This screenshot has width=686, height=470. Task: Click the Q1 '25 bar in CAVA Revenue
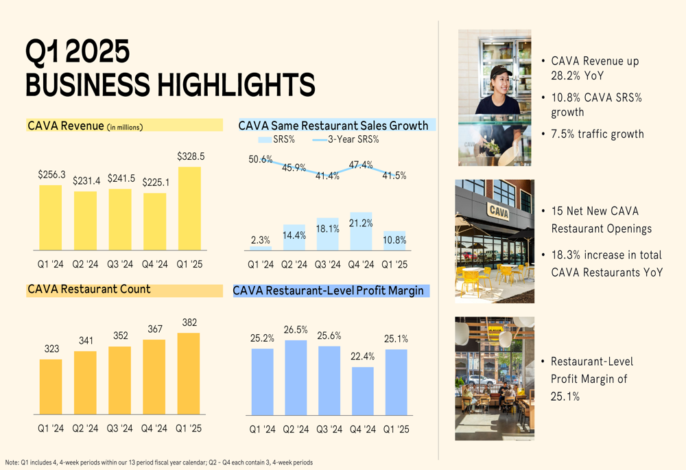coord(190,209)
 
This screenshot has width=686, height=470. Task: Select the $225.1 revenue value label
coord(154,183)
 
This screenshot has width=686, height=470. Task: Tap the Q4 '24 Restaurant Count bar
coord(155,377)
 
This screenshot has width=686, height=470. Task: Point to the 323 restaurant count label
coord(51,349)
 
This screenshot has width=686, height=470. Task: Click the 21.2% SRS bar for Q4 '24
coord(361,231)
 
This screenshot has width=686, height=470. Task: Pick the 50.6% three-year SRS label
coord(261,159)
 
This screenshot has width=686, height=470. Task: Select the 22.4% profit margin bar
coord(363,390)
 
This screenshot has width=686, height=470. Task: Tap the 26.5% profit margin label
coord(296,330)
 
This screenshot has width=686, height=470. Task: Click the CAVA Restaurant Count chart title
coord(89,290)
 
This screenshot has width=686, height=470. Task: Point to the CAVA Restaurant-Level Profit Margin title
coord(329,291)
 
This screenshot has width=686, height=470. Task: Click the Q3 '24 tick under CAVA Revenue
coord(120,265)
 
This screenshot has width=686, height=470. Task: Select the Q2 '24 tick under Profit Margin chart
coord(296,429)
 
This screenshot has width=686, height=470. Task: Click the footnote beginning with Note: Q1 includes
coord(158,462)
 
